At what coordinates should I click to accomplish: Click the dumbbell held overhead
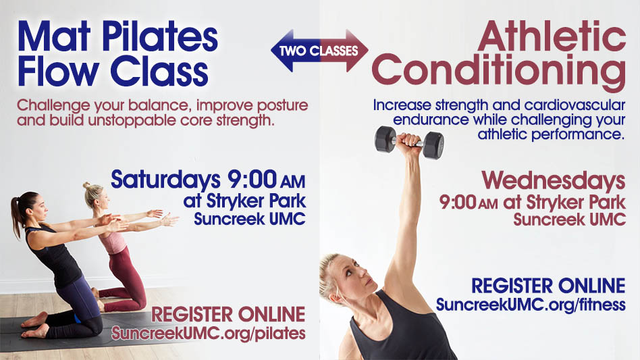click(409, 142)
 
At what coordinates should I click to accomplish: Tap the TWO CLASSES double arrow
click(319, 51)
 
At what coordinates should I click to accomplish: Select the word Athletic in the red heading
click(552, 36)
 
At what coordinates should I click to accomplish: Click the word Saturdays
click(165, 180)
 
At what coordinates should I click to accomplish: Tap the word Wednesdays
click(554, 180)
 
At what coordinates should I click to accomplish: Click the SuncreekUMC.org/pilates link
click(209, 333)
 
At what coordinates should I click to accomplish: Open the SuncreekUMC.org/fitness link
click(531, 305)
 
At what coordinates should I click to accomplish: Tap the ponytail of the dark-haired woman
click(16, 217)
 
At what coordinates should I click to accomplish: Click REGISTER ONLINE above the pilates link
click(228, 315)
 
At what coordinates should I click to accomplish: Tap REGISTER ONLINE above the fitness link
click(548, 286)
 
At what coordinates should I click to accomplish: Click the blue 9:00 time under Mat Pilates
click(251, 180)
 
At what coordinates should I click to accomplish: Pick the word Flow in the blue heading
click(58, 72)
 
